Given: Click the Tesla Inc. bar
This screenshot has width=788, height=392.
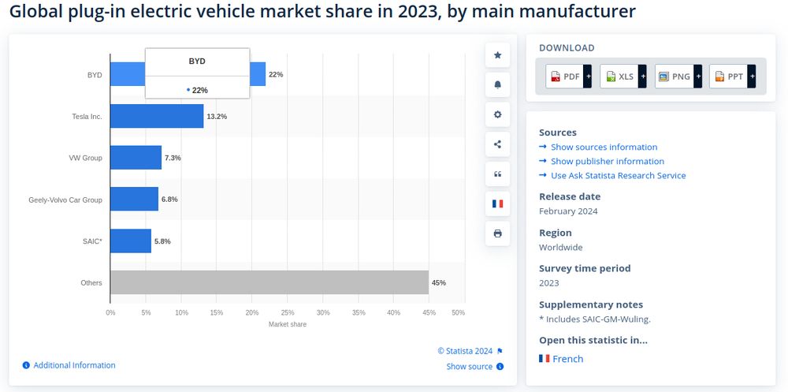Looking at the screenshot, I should pos(156,116).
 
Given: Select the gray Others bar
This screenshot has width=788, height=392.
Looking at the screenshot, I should pos(269,282).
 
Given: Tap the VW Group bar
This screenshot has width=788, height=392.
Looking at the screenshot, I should pos(136,158).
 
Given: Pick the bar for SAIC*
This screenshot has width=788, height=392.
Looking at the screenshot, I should pos(130,241).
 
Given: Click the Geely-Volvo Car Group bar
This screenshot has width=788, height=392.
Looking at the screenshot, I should pos(134,199).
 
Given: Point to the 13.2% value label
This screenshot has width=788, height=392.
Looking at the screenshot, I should pos(217,117).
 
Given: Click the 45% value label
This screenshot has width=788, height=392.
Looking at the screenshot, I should pos(438,282).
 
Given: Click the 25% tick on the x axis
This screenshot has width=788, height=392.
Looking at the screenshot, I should pos(288,313).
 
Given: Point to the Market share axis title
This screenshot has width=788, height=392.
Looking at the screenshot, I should pos(288,324).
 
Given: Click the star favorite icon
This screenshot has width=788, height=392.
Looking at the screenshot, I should pos(497,55).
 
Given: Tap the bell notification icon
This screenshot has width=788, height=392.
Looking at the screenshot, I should pos(497,85).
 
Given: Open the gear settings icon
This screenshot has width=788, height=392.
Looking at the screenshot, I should pos(497,114).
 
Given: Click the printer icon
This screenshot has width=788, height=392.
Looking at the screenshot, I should pos(497,233).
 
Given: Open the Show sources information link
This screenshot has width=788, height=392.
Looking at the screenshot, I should pos(604,147).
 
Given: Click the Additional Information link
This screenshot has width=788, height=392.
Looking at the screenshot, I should pos(74,365).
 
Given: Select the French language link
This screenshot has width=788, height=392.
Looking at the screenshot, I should pos(567,359).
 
